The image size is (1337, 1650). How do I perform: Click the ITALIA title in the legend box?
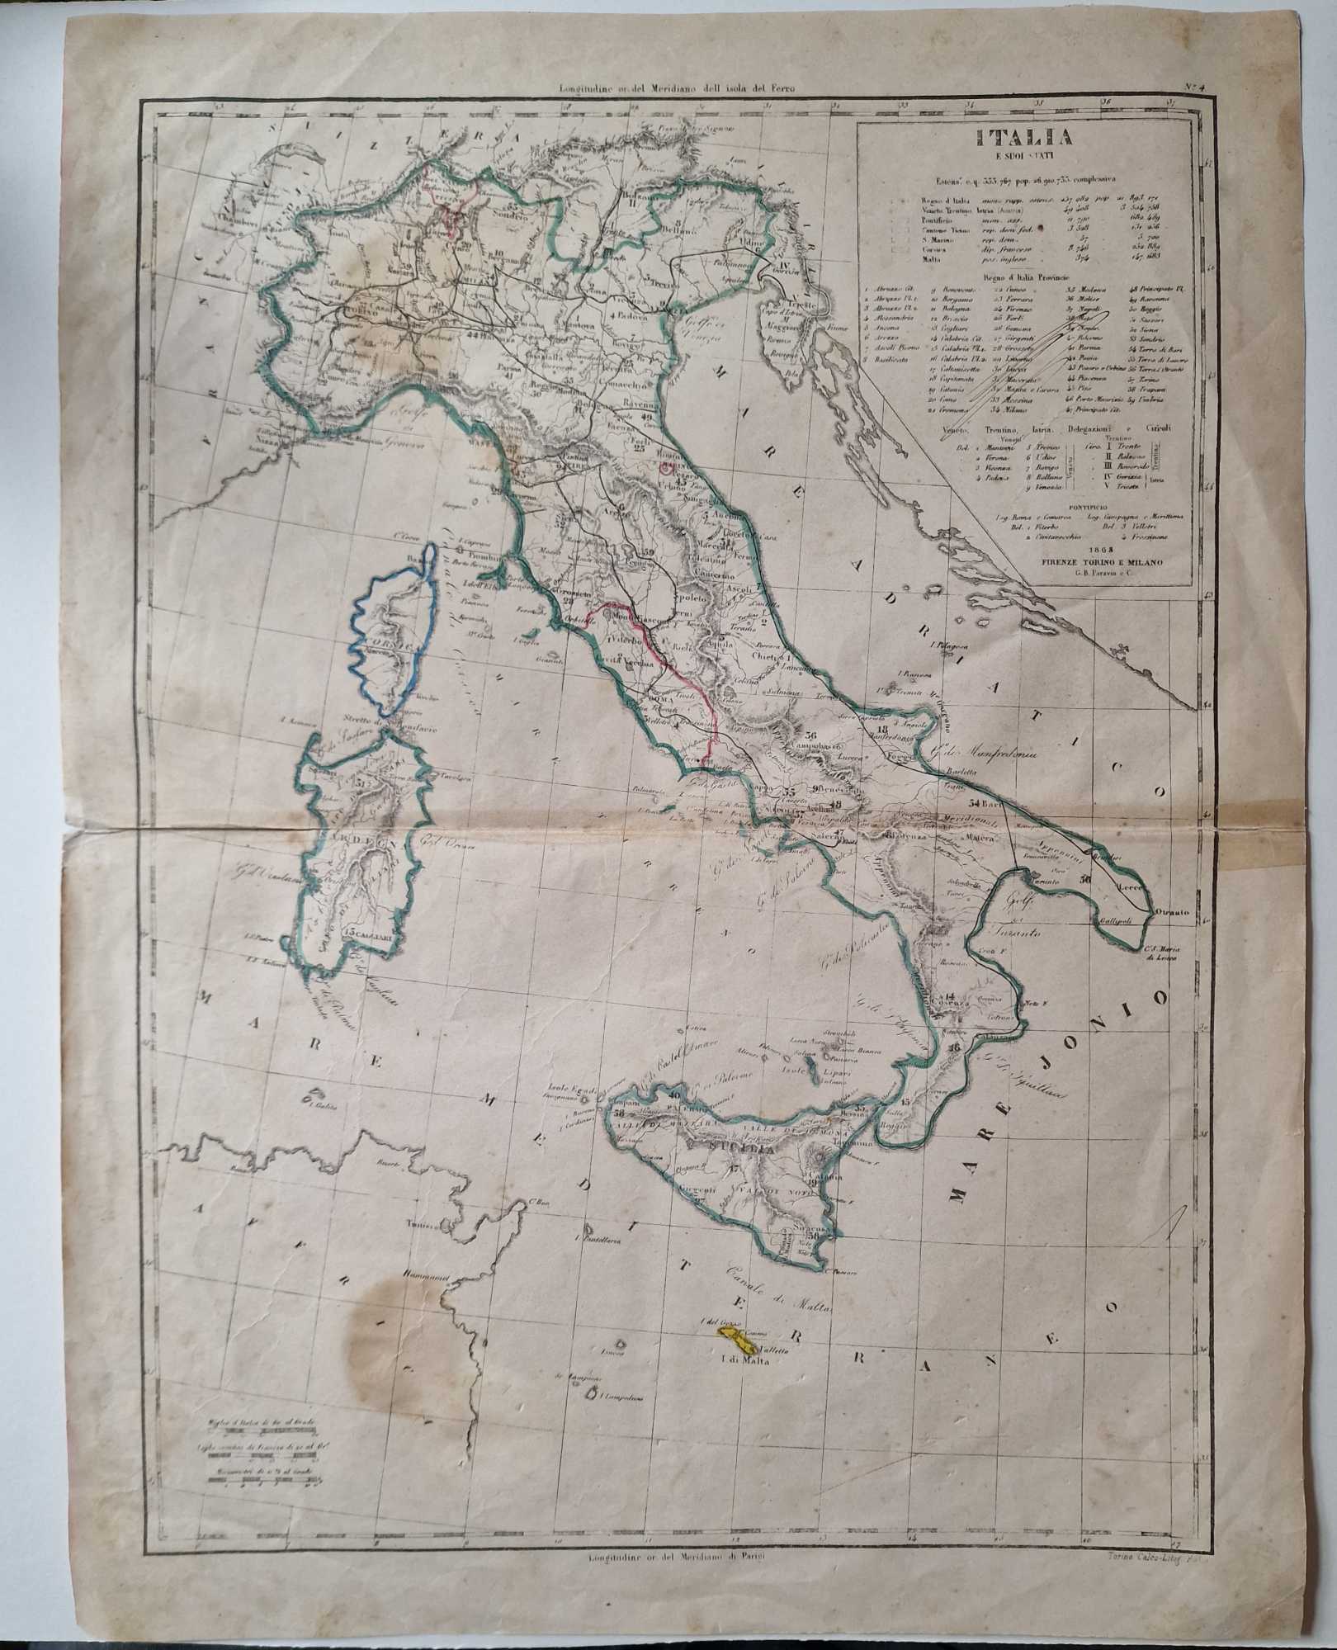(1027, 137)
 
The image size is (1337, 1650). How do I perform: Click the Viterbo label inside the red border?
(627, 640)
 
